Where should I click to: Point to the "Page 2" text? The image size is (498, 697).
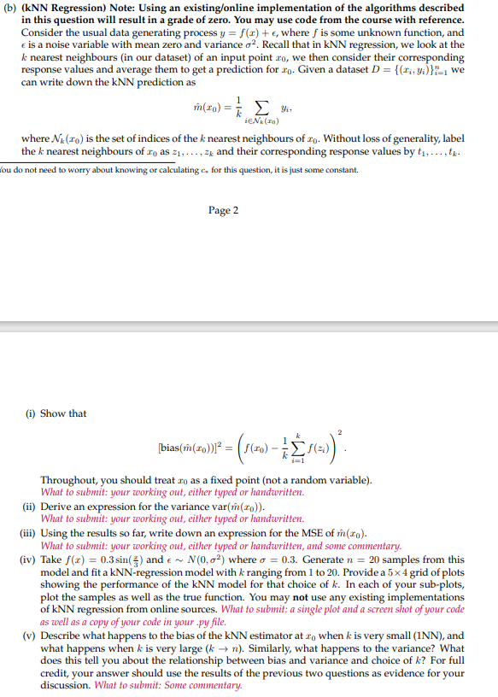click(223, 210)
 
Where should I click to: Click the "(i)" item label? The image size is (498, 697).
click(28, 413)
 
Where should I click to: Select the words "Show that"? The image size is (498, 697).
click(63, 413)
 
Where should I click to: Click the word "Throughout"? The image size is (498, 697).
click(69, 481)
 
